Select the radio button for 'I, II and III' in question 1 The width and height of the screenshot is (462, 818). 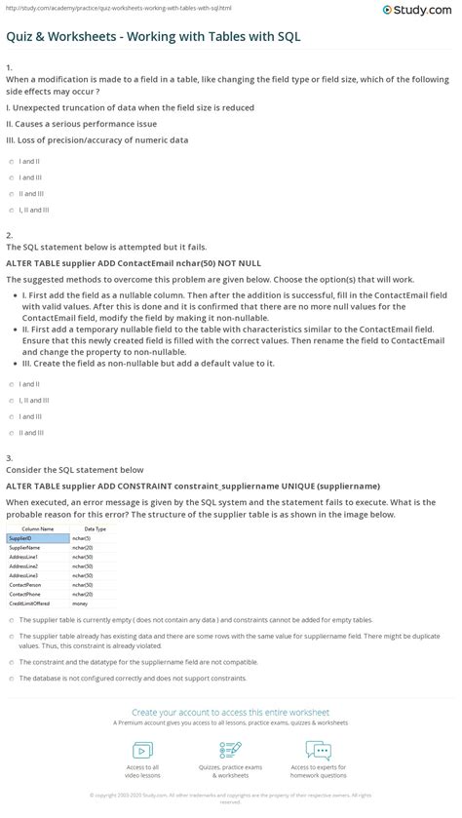9,210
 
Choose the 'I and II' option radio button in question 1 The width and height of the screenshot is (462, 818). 9,162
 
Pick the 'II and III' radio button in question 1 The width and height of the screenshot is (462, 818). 9,194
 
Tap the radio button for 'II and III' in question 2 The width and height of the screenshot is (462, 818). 9,432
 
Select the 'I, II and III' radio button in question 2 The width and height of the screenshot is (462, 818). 9,400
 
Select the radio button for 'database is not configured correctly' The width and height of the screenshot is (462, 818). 9,678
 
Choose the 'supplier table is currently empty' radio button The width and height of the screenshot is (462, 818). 9,619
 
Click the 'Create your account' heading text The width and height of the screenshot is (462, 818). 230,713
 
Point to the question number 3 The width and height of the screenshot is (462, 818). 9,456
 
